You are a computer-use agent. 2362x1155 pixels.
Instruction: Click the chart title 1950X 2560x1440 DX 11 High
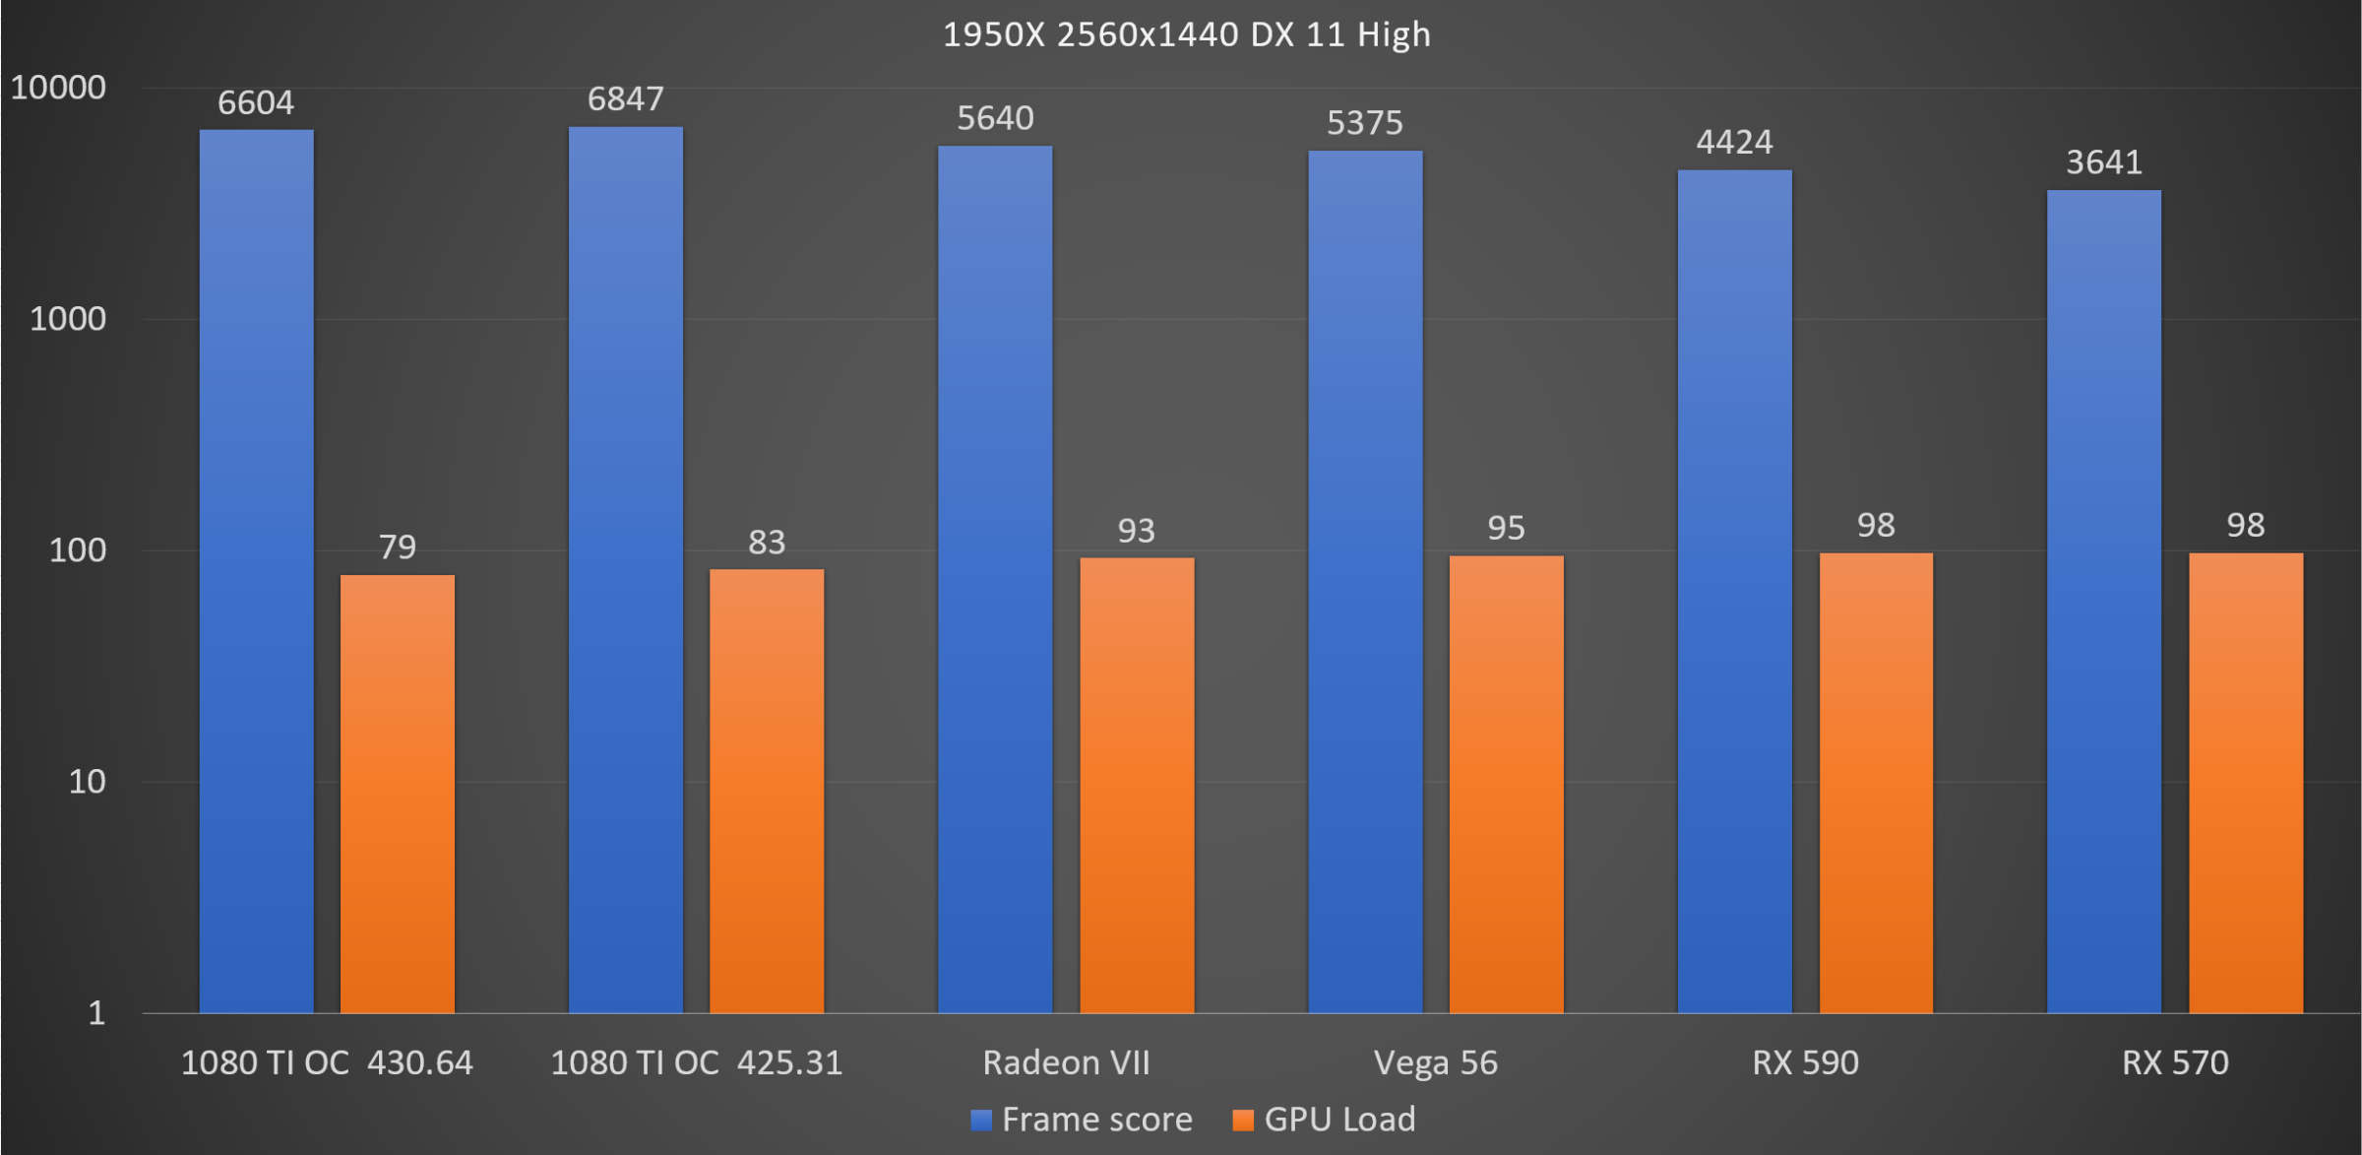[x=1186, y=35]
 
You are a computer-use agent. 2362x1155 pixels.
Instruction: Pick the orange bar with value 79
[x=398, y=794]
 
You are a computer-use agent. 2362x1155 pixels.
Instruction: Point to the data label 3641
[x=2104, y=162]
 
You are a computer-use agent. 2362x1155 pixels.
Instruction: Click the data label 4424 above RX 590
[x=1734, y=143]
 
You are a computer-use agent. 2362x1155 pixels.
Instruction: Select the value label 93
[x=1136, y=532]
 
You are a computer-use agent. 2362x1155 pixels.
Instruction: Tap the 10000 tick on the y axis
[x=58, y=89]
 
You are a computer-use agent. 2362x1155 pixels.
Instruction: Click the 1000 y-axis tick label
[x=68, y=319]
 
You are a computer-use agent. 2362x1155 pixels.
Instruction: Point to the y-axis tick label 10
[x=87, y=782]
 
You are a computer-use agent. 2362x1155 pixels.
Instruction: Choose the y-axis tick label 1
[x=96, y=1013]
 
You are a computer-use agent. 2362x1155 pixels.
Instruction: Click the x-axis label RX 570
[x=2175, y=1063]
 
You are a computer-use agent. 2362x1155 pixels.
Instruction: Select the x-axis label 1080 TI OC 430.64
[x=327, y=1063]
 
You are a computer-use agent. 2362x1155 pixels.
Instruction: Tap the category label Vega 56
[x=1435, y=1063]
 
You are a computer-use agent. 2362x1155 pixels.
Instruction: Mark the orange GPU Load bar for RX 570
[x=2246, y=783]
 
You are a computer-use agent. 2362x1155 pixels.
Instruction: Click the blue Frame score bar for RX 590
[x=1734, y=591]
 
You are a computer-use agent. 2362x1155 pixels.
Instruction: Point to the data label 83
[x=767, y=543]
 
